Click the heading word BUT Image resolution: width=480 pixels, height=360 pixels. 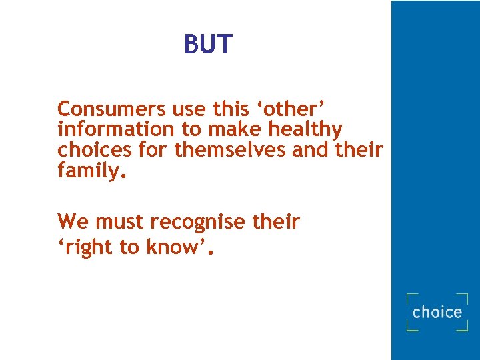[208, 45]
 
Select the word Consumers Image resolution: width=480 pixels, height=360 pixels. [111, 108]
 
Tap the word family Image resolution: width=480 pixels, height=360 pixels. [91, 171]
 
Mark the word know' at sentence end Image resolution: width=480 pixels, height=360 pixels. [179, 247]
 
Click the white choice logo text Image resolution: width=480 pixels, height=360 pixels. [437, 312]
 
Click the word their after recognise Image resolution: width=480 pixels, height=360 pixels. [276, 221]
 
